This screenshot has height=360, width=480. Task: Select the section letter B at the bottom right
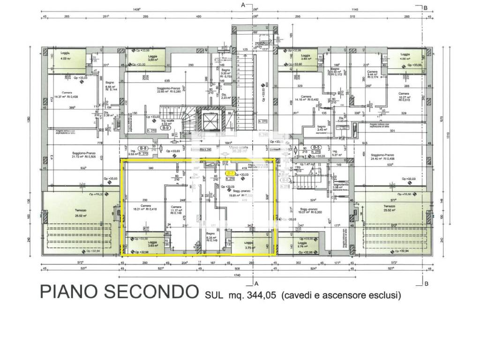pos(426,284)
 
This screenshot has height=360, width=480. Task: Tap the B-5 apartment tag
pos(316,147)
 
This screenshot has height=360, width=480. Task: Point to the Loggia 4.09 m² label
pos(65,57)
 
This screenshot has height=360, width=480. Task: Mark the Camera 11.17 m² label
pos(176,209)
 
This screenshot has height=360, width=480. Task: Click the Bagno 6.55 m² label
pos(111,85)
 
